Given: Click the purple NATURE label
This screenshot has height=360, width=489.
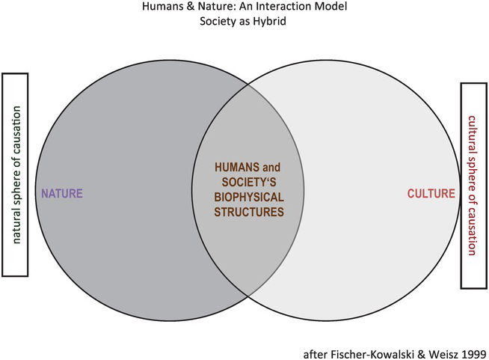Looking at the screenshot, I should tap(61, 194).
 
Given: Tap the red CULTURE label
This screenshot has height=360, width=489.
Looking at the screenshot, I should tap(431, 194).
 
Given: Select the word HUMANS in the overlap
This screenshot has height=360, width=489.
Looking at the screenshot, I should tap(231, 166).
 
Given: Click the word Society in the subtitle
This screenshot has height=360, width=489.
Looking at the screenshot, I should tap(219, 22).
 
